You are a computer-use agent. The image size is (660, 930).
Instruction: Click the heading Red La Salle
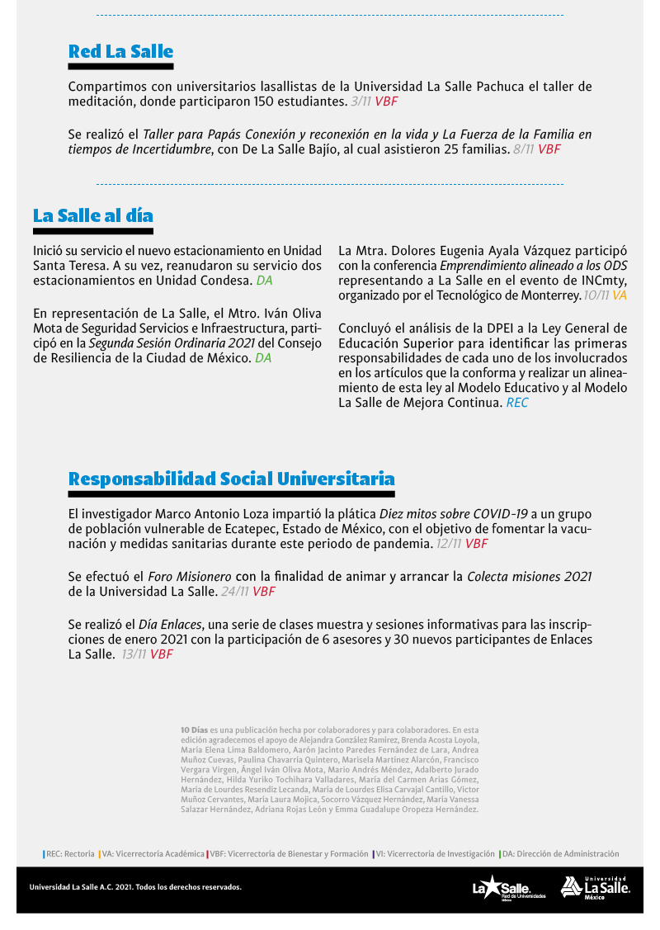click(x=120, y=51)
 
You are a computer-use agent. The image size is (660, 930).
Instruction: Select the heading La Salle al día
click(x=93, y=215)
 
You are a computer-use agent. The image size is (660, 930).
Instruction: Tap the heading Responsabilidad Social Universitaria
click(x=231, y=479)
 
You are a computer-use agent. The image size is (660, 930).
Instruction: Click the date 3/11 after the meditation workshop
click(x=361, y=101)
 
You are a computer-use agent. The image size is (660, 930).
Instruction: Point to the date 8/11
click(x=523, y=149)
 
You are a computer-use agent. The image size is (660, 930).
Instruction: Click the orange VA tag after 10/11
click(x=619, y=295)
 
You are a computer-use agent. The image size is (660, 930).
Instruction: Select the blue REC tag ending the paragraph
click(x=517, y=403)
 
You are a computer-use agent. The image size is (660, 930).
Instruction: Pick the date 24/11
click(x=235, y=591)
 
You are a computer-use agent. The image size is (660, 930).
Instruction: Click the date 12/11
click(x=449, y=544)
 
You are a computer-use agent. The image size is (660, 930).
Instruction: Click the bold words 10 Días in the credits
click(x=194, y=729)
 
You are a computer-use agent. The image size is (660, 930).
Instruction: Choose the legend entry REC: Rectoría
click(x=69, y=854)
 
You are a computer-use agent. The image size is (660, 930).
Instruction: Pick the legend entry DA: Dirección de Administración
click(x=560, y=854)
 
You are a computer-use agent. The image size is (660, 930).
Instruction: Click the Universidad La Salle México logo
click(x=596, y=887)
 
